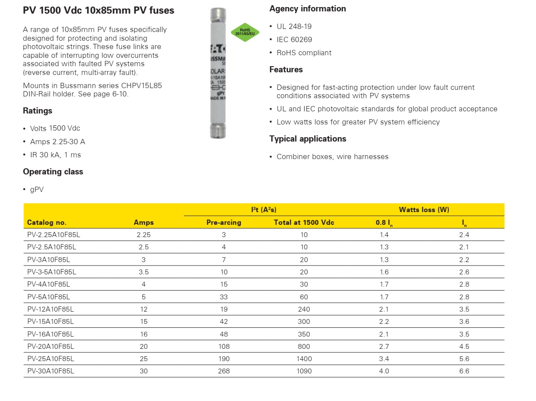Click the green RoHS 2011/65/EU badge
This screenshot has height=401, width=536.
(x=245, y=32)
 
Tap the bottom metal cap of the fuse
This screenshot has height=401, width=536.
(x=217, y=131)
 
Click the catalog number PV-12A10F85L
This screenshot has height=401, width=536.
(x=50, y=309)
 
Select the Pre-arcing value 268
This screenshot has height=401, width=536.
(x=224, y=371)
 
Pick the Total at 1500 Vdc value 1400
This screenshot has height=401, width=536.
(x=304, y=358)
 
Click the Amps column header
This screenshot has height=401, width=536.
(x=144, y=222)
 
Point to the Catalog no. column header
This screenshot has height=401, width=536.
(x=47, y=222)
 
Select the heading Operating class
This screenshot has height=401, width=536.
(x=53, y=171)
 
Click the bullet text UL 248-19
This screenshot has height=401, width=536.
(x=294, y=26)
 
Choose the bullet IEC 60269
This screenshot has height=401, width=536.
(x=294, y=39)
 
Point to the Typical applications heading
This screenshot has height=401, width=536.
(x=308, y=138)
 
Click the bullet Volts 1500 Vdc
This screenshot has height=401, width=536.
(x=55, y=128)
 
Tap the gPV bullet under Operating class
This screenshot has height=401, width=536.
(x=37, y=189)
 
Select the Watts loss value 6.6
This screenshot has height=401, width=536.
(x=464, y=371)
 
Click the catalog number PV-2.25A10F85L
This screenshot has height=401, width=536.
(x=53, y=234)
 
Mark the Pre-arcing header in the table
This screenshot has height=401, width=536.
(x=224, y=222)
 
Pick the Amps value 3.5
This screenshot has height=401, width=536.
(x=144, y=272)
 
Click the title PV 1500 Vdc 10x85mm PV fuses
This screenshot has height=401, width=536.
(x=98, y=11)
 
